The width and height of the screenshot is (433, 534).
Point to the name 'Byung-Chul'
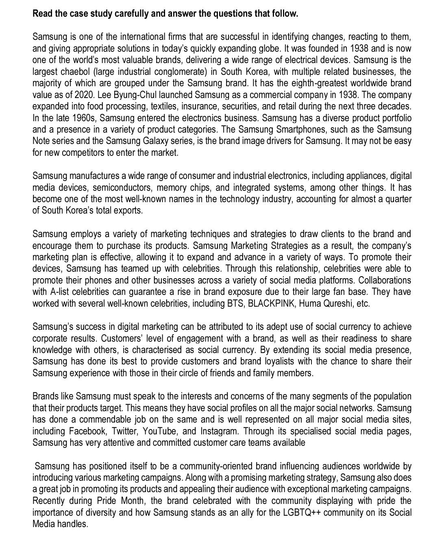click(x=128, y=95)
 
